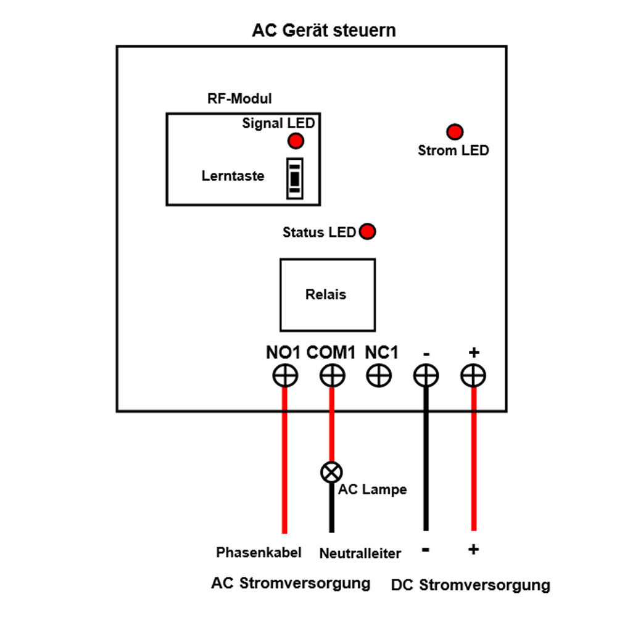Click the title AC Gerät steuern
pyautogui.click(x=323, y=31)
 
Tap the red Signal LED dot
pyautogui.click(x=296, y=141)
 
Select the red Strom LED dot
pyautogui.click(x=455, y=131)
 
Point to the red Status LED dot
pyautogui.click(x=368, y=232)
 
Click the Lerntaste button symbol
pyautogui.click(x=296, y=178)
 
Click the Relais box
pyautogui.click(x=327, y=295)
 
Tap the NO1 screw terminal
pyautogui.click(x=285, y=375)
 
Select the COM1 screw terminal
pyautogui.click(x=332, y=375)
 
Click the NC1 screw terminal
pyautogui.click(x=379, y=375)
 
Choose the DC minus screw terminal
pyautogui.click(x=426, y=375)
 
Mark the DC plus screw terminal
pyautogui.click(x=473, y=375)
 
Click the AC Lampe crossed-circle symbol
pyautogui.click(x=331, y=473)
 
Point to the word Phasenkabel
pyautogui.click(x=259, y=552)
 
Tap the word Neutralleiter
pyautogui.click(x=360, y=553)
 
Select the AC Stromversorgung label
pyautogui.click(x=291, y=583)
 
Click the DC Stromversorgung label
pyautogui.click(x=470, y=585)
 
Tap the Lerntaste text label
pyautogui.click(x=233, y=176)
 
